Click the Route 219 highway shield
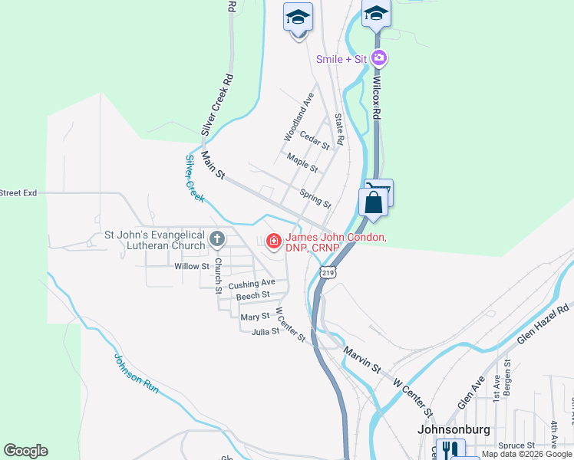pyautogui.click(x=328, y=272)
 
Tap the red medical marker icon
pyautogui.click(x=272, y=242)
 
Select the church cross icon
pyautogui.click(x=217, y=240)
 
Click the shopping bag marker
pyautogui.click(x=374, y=203)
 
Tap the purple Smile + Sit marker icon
pyautogui.click(x=378, y=58)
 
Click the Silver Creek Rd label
pyautogui.click(x=216, y=105)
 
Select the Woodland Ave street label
pyautogui.click(x=299, y=117)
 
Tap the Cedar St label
pyautogui.click(x=314, y=140)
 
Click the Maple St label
pyautogui.click(x=302, y=162)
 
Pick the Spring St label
pyautogui.click(x=315, y=199)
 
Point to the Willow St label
pyautogui.click(x=192, y=267)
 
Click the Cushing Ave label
pyautogui.click(x=252, y=284)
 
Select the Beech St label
pyautogui.click(x=253, y=296)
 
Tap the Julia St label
pyautogui.click(x=265, y=332)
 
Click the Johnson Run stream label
pyautogui.click(x=137, y=373)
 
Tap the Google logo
pyautogui.click(x=25, y=451)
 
